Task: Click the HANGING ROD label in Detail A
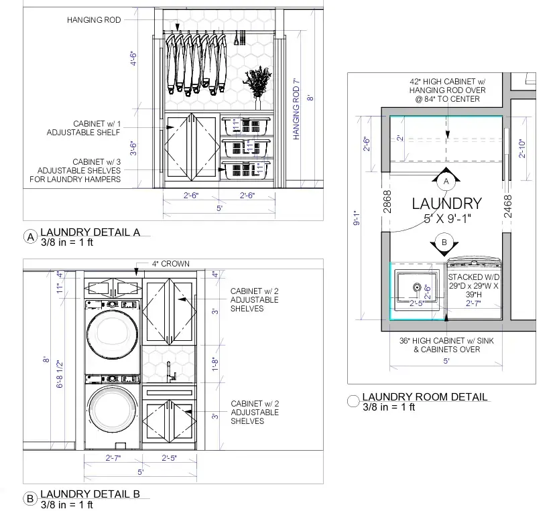tap(94, 20)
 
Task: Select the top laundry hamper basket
tap(245, 126)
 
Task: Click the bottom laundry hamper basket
tap(245, 170)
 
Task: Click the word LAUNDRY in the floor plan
tap(446, 204)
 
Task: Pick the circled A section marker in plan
tap(446, 181)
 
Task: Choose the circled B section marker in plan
tap(443, 242)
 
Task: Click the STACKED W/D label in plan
tap(473, 277)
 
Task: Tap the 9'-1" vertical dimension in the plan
tap(357, 219)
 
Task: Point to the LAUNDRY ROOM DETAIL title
tap(424, 397)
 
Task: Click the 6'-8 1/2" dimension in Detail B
tap(60, 375)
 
